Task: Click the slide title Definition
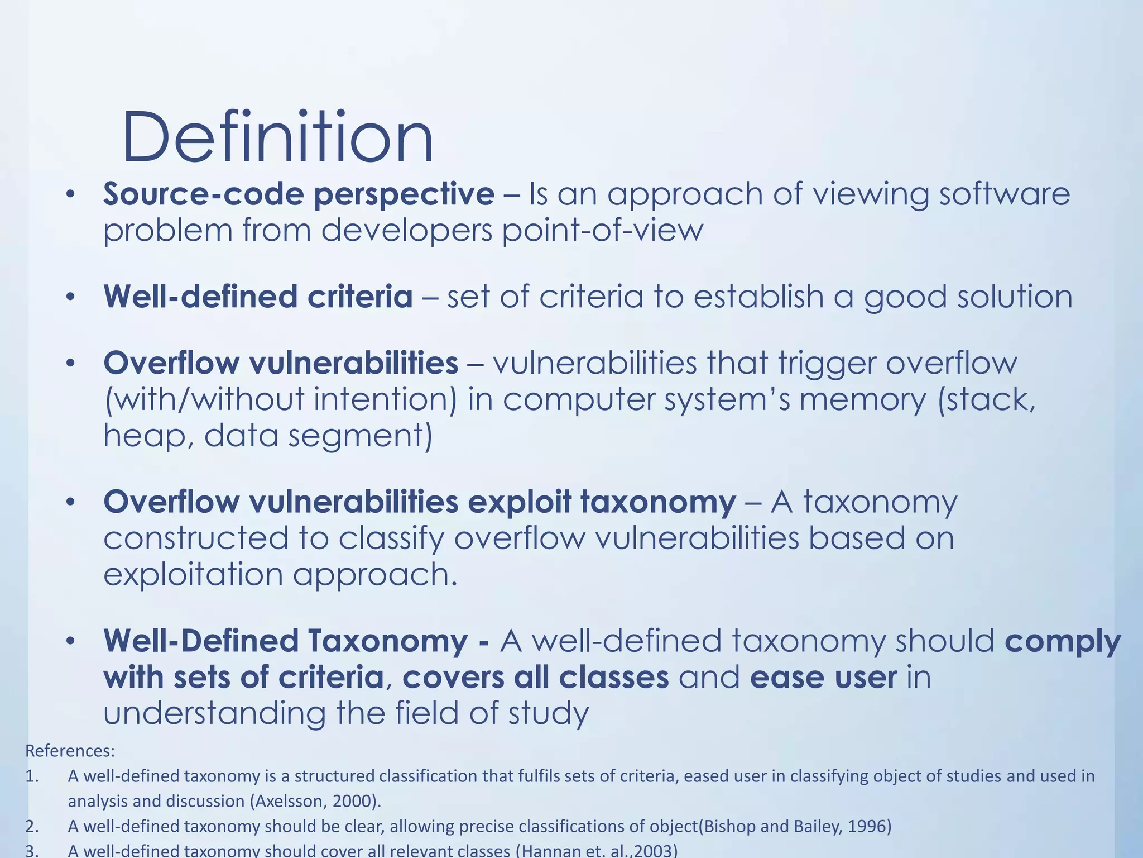click(x=277, y=137)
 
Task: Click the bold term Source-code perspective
click(x=299, y=194)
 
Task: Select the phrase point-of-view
click(x=602, y=230)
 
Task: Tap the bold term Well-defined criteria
click(x=258, y=297)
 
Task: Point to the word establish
click(x=758, y=297)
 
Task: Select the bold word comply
click(x=1063, y=642)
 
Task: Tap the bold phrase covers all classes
click(x=535, y=678)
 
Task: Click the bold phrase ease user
click(x=823, y=678)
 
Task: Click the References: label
click(x=70, y=751)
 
